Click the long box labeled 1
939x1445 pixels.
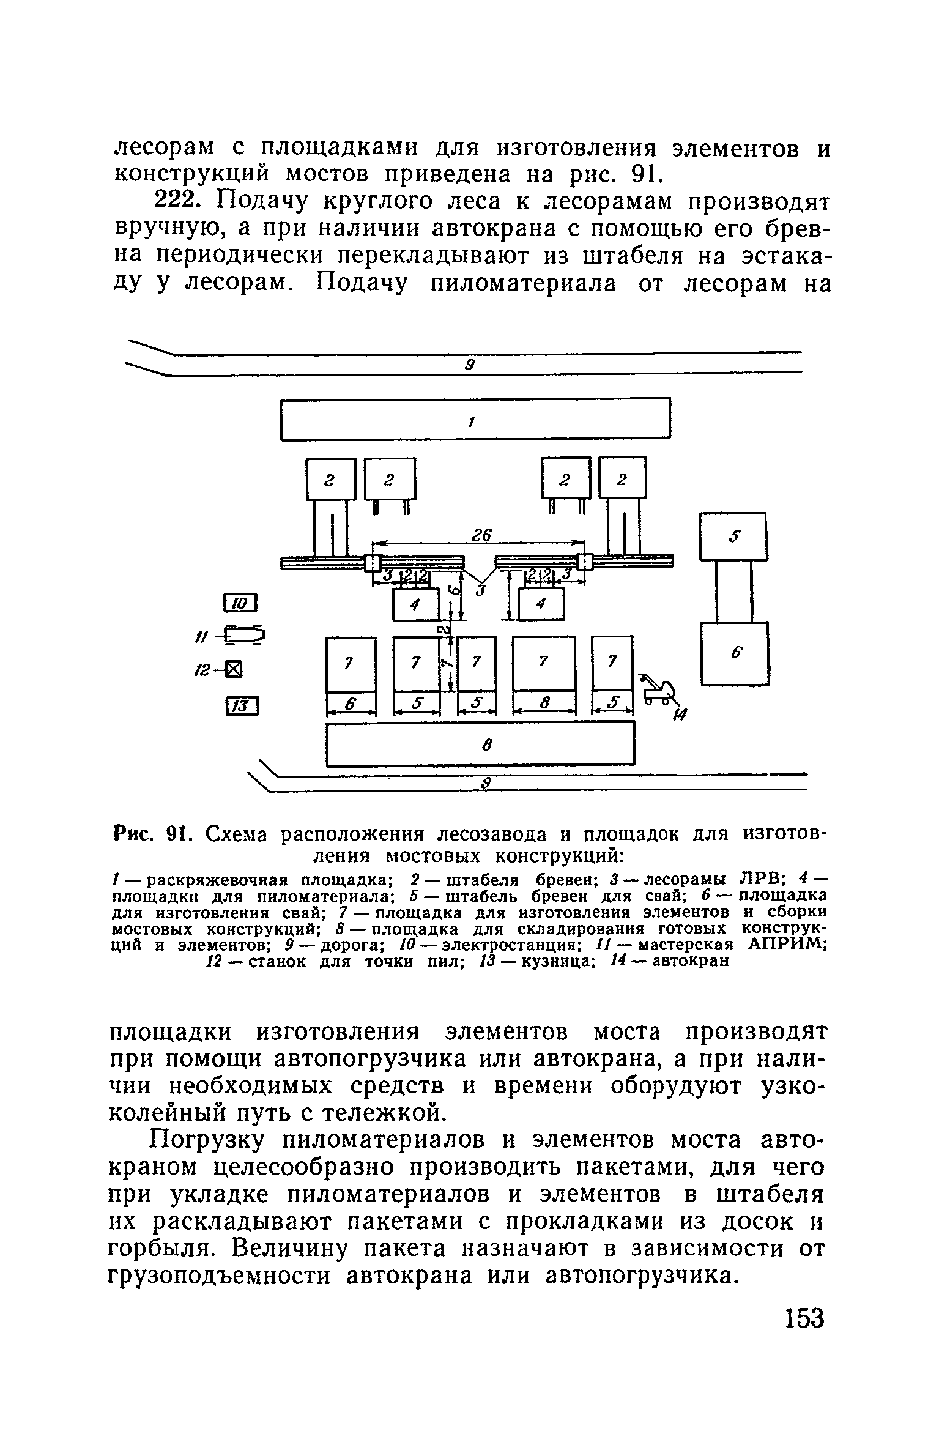click(475, 420)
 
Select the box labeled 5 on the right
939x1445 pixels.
click(733, 536)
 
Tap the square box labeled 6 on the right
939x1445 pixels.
click(735, 653)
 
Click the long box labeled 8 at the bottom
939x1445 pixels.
click(480, 743)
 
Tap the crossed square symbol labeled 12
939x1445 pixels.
click(234, 671)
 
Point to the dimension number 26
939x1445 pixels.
click(481, 535)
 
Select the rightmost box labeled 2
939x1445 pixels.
click(623, 479)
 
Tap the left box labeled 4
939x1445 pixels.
click(416, 604)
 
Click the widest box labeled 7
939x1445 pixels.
click(544, 663)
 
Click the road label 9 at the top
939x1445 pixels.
click(470, 365)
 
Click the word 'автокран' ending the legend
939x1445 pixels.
click(691, 960)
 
